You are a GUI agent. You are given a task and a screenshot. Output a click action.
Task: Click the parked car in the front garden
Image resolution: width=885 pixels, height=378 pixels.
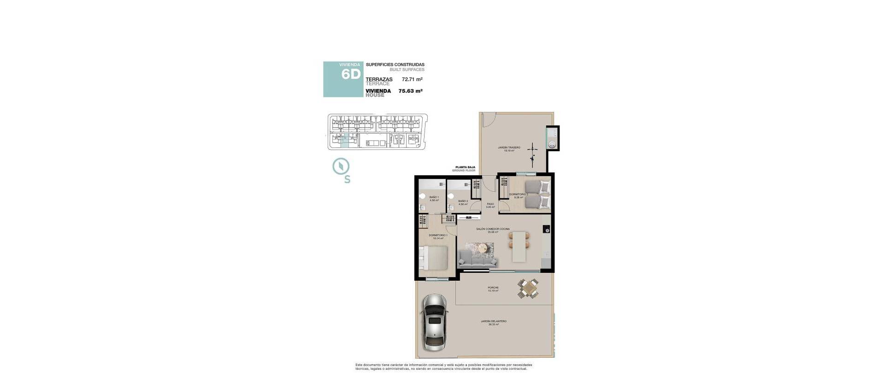tap(433, 328)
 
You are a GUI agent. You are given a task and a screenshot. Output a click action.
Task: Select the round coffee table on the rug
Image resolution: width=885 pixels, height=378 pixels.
tap(483, 248)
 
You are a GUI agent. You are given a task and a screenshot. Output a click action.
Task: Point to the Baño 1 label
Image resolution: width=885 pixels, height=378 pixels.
tap(434, 199)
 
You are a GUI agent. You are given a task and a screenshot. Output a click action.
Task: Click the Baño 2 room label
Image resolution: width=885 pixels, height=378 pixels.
tap(463, 202)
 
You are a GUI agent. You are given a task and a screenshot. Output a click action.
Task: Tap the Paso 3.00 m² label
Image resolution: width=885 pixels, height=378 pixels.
tap(490, 205)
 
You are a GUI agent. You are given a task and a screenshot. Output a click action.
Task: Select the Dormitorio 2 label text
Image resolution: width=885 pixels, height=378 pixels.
tap(519, 195)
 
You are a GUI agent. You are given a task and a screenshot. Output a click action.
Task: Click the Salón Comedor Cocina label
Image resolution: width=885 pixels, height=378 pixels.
tap(493, 230)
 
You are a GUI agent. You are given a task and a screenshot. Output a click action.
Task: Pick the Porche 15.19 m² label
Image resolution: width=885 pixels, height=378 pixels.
tap(493, 289)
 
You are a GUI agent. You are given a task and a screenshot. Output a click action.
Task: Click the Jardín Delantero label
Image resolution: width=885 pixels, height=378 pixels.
tap(493, 323)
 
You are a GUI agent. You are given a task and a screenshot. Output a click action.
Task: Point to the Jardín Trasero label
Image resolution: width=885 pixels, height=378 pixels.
tap(509, 149)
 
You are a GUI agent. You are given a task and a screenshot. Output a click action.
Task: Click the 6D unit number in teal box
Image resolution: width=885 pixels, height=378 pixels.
tap(350, 75)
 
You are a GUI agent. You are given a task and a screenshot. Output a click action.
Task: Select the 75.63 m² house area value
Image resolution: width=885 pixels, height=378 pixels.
tap(411, 91)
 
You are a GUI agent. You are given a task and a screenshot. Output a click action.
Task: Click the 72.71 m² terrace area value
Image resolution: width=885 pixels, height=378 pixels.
tap(412, 79)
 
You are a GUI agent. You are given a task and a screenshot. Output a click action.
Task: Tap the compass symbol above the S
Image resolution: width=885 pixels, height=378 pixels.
tap(341, 166)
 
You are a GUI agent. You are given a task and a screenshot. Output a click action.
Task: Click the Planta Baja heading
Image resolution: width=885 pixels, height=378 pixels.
tap(465, 167)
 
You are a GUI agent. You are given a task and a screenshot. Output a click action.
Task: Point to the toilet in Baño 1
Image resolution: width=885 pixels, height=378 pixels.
tap(422, 197)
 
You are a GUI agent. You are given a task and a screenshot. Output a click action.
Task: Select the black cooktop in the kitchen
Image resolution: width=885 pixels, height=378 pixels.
tap(546, 229)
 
